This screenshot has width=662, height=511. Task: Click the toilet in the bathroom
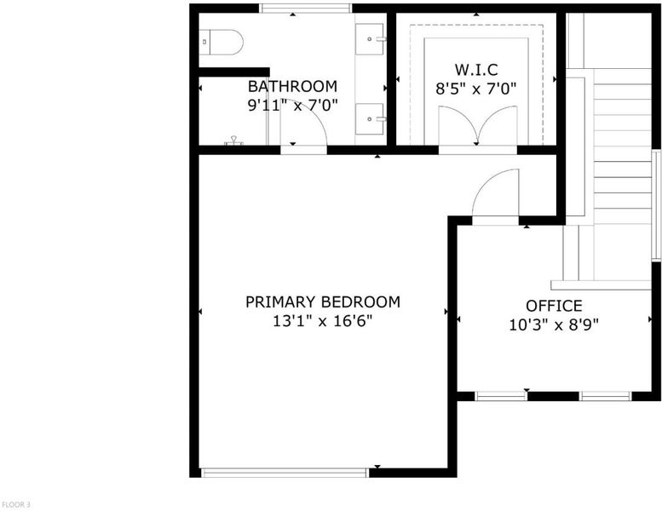[x=222, y=43]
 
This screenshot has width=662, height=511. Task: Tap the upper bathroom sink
[x=371, y=39]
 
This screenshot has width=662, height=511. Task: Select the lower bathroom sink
[x=371, y=119]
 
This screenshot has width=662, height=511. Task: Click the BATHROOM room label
[x=292, y=86]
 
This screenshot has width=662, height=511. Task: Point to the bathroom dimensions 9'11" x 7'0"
[x=292, y=105]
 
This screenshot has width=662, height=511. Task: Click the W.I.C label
[x=475, y=69]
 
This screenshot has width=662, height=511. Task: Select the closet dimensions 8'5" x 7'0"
[x=475, y=89]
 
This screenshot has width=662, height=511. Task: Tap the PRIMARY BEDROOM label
[x=323, y=302]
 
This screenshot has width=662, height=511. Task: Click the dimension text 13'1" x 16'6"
[x=323, y=322]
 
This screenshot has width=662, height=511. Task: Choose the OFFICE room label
[x=554, y=306]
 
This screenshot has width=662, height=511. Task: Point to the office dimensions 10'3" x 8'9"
[x=554, y=325]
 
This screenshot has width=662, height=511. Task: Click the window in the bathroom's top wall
[x=305, y=9]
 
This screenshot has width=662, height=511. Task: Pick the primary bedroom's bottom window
[x=285, y=473]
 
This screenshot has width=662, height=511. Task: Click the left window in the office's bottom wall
[x=501, y=396]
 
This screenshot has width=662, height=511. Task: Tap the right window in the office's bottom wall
[x=605, y=396]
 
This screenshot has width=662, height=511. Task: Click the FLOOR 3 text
[x=16, y=504]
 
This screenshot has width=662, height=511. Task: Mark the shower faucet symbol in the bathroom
[x=233, y=141]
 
